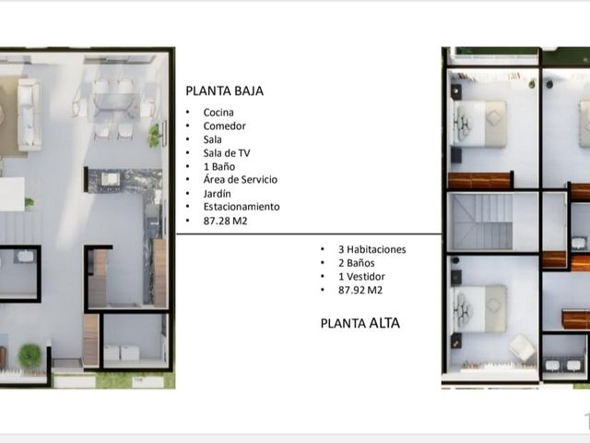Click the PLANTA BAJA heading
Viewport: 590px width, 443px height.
point(224,90)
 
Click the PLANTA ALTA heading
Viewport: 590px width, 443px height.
point(360,323)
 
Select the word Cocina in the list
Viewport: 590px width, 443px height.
point(218,113)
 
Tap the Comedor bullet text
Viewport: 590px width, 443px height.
point(224,126)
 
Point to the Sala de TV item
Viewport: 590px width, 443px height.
point(227,153)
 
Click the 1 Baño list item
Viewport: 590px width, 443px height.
point(219,166)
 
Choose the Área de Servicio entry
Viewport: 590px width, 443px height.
point(240,179)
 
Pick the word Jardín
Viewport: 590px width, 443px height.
point(218,193)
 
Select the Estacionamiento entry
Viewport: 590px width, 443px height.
point(242,207)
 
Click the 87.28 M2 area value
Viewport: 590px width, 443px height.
point(225,221)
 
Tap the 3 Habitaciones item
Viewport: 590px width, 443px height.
point(372,249)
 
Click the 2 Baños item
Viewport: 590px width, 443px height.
point(357,263)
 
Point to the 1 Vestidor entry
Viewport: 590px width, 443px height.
point(361,277)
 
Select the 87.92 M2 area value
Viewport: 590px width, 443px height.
point(360,290)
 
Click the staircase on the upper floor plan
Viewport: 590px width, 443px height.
point(482,221)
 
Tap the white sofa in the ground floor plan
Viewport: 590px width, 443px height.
point(29,114)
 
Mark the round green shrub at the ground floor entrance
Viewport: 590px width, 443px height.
point(29,355)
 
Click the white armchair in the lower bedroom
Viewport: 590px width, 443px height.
point(523,348)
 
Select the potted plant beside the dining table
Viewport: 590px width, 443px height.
point(154,135)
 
